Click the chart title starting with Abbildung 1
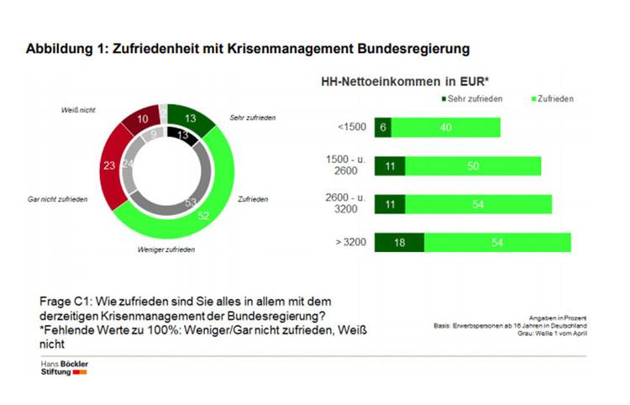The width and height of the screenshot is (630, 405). tap(247, 49)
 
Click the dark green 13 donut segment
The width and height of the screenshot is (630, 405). tap(188, 118)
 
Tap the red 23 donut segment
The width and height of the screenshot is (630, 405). tap(109, 167)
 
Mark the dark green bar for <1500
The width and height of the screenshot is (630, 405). tap(383, 127)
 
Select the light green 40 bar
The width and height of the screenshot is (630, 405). tap(446, 127)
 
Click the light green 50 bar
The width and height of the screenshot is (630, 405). tap(473, 166)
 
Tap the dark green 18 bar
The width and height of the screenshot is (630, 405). tap(399, 242)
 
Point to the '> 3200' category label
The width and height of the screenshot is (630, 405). tap(349, 242)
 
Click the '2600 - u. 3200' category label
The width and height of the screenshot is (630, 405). tap(346, 203)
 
